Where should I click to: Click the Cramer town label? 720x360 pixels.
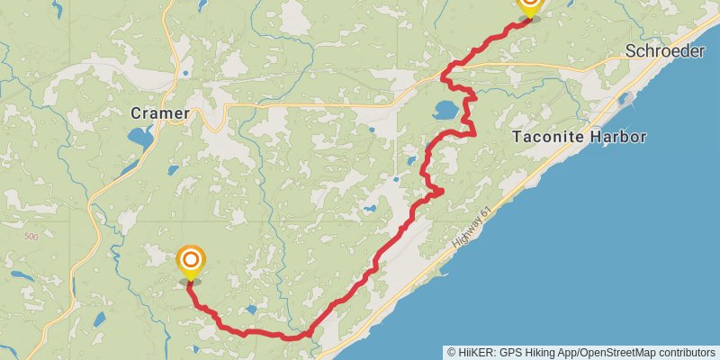(x=160, y=113)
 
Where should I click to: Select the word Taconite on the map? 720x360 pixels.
(x=545, y=137)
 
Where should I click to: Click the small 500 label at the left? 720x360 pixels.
(x=31, y=237)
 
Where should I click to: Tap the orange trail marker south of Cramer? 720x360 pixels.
(x=190, y=263)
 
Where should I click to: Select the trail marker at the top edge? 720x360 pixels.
(x=529, y=7)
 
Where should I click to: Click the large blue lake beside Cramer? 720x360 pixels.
(x=140, y=138)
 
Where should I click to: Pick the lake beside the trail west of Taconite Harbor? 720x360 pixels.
(x=445, y=111)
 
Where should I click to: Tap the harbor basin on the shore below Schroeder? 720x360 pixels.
(x=627, y=95)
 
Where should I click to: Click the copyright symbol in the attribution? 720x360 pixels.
(x=452, y=352)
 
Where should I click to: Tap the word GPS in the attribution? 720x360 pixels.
(x=515, y=352)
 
